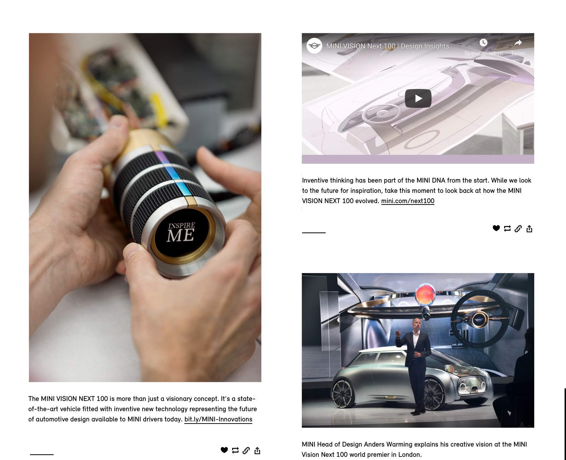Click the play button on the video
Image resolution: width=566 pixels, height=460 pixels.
[418, 98]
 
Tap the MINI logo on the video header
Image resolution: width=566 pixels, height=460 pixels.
[314, 46]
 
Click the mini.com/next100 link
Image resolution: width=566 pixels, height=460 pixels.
[408, 201]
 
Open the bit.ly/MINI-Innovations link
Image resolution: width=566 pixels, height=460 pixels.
[218, 419]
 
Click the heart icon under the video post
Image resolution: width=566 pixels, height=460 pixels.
[496, 228]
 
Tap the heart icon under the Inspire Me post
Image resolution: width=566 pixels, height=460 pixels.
[224, 450]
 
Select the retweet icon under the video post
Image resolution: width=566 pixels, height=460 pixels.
[507, 229]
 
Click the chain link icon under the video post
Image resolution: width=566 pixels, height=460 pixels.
[518, 229]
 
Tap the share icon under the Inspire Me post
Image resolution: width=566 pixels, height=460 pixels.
[257, 450]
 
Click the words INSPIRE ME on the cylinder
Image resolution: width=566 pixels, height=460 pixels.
[181, 232]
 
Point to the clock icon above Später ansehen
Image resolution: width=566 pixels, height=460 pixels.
[483, 42]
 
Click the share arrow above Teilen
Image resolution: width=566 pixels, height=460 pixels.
[518, 42]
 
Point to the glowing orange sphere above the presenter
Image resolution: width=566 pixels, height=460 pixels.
[425, 294]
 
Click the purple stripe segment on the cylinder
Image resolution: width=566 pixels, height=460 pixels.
[161, 157]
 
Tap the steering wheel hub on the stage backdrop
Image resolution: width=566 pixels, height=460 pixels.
[478, 320]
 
